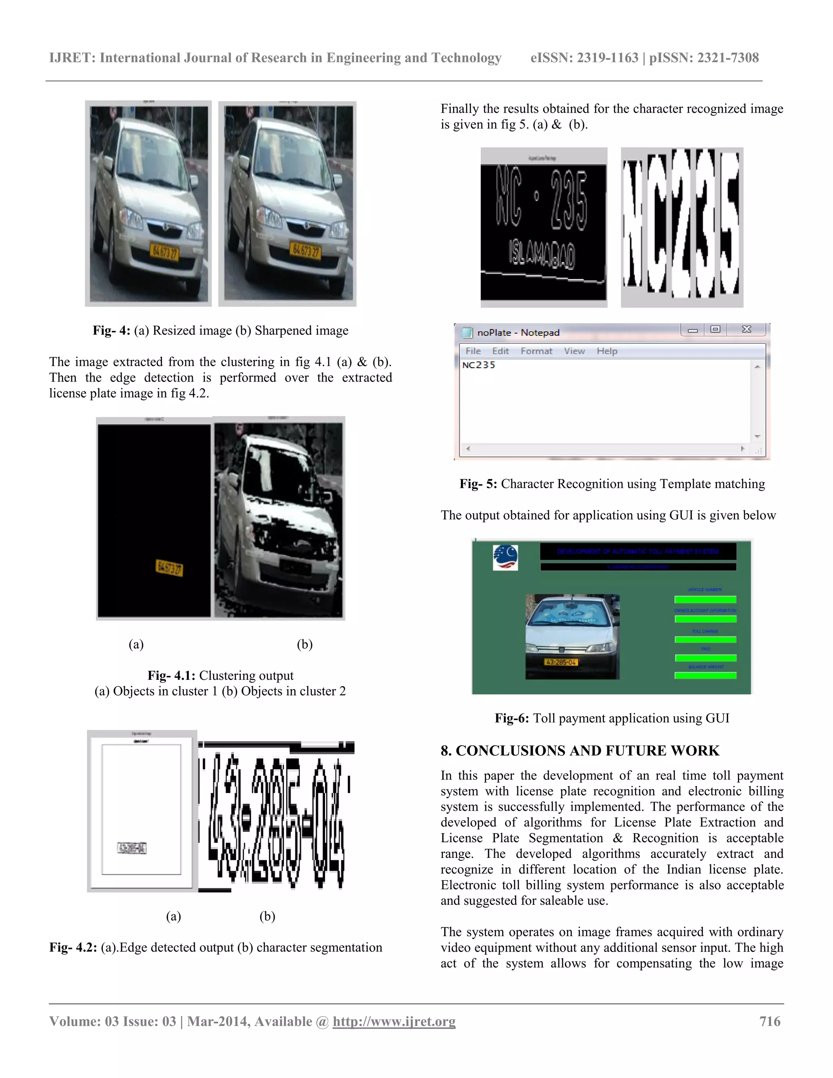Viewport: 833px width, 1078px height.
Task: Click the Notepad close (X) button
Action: tap(746, 329)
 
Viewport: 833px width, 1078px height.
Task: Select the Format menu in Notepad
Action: tap(536, 351)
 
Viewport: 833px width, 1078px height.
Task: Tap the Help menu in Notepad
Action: tap(606, 351)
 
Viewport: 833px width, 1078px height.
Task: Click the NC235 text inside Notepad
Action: tap(478, 365)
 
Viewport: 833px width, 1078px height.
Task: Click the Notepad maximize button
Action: tap(715, 329)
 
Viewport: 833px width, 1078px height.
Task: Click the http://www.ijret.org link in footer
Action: tap(394, 1021)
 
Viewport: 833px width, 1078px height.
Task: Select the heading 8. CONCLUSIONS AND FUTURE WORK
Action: tap(580, 751)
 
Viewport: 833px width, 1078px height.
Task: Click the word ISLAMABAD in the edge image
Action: tap(542, 254)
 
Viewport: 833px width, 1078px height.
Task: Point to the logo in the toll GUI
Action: tap(505, 558)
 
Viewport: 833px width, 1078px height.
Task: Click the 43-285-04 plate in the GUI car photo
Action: tap(560, 662)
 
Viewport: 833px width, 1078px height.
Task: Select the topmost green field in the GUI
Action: tap(705, 599)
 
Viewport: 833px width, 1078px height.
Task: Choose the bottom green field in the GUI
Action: tap(705, 675)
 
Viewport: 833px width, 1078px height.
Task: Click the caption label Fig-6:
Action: tap(511, 718)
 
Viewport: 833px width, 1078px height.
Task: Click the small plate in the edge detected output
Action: tap(132, 848)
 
